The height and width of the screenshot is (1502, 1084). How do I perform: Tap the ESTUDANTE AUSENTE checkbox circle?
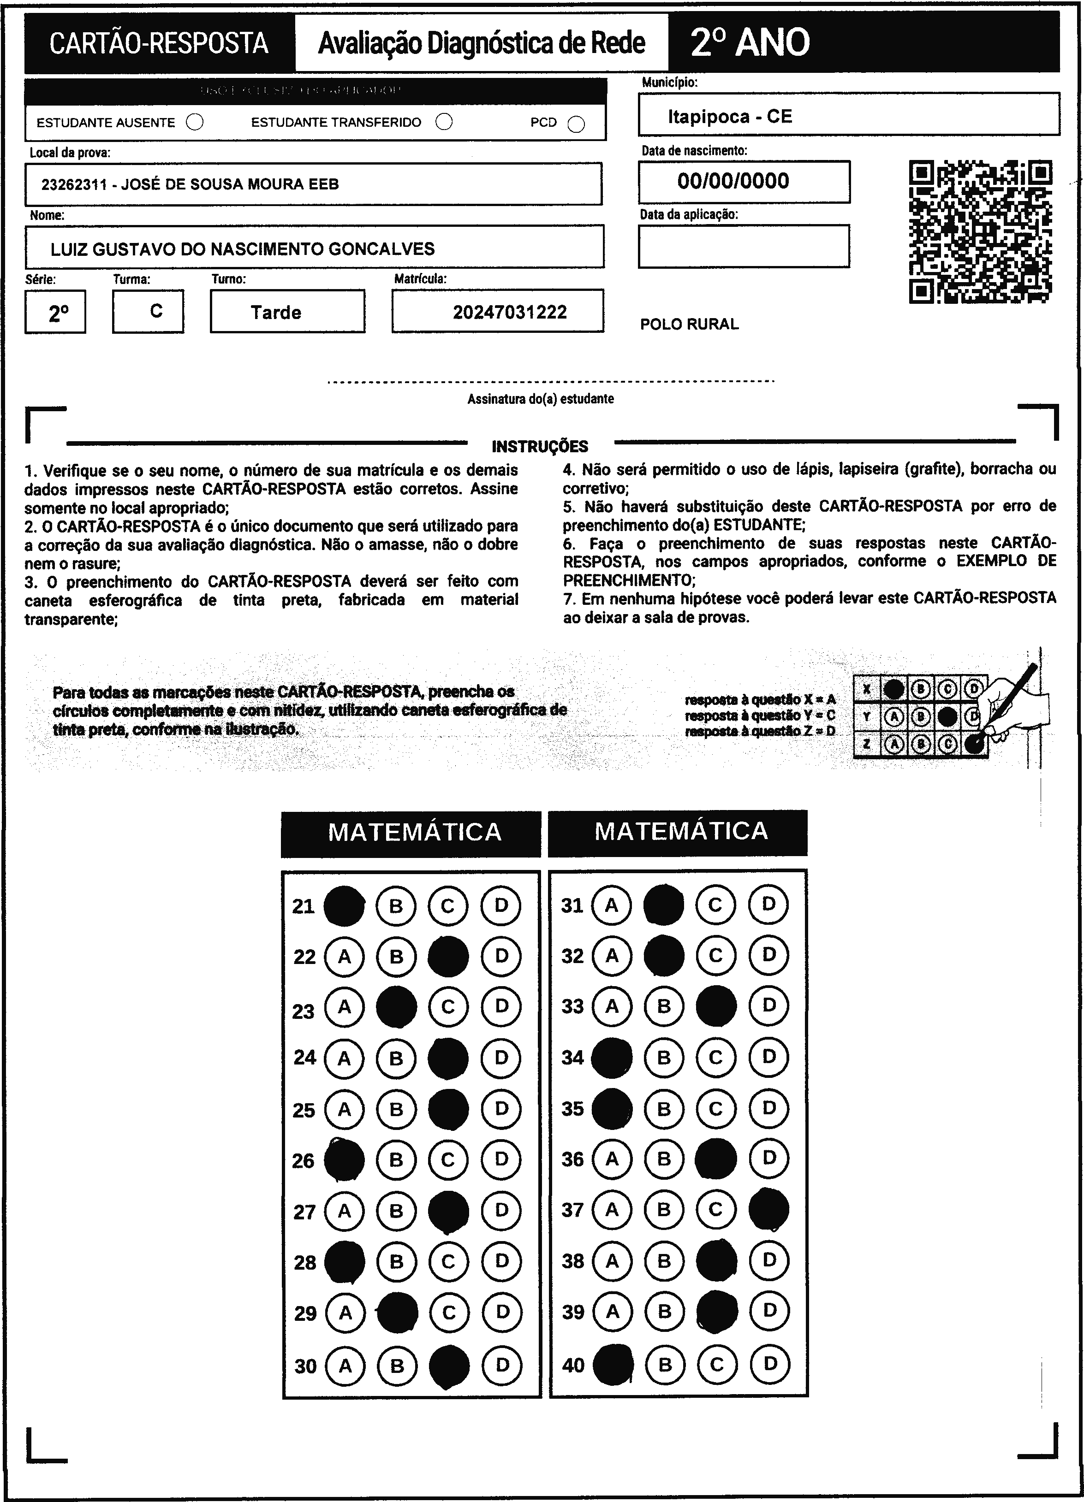(x=195, y=123)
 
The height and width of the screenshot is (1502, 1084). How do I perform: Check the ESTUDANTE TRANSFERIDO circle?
(x=444, y=122)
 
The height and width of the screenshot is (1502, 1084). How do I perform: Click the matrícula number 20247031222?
(x=510, y=312)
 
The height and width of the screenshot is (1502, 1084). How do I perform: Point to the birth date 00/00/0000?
(x=733, y=181)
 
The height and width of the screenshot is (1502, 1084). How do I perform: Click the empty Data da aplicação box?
(x=744, y=246)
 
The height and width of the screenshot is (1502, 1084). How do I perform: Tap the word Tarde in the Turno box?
(x=276, y=312)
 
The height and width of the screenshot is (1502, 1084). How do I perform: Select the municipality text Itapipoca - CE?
(x=730, y=117)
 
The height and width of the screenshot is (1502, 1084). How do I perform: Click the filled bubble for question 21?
(x=344, y=905)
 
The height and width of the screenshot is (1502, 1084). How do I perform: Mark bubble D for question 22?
(x=501, y=956)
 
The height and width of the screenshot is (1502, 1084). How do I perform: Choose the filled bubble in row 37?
(x=768, y=1209)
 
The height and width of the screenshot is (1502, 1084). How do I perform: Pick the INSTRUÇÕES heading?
(x=540, y=446)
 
